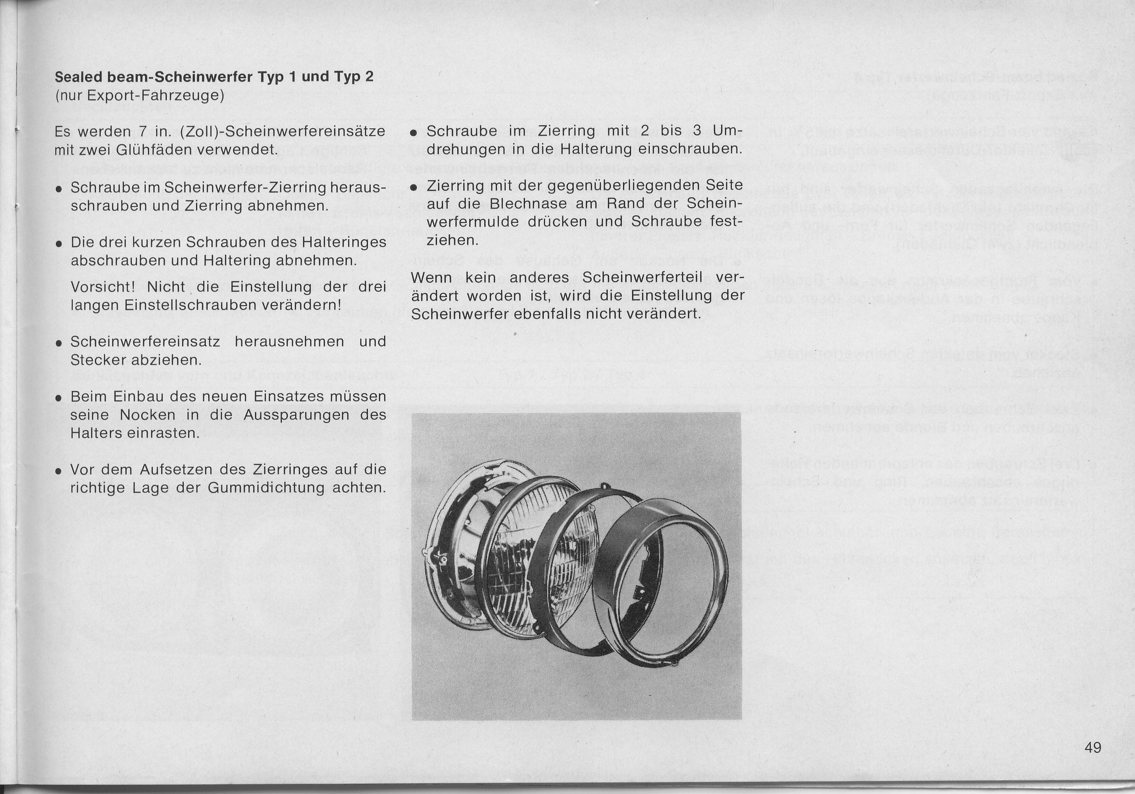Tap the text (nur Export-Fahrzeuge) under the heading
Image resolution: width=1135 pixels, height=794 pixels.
click(x=140, y=95)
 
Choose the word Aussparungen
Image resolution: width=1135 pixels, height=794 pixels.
click(x=297, y=415)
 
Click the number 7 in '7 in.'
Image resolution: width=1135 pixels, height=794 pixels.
click(x=142, y=132)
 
